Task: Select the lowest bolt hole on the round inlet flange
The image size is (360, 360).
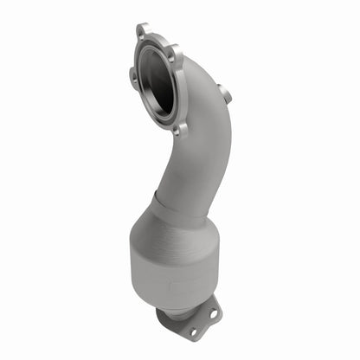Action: pyautogui.click(x=179, y=129)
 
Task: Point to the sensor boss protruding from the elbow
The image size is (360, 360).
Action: pyautogui.click(x=224, y=93)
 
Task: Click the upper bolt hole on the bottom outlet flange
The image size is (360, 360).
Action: pyautogui.click(x=210, y=306)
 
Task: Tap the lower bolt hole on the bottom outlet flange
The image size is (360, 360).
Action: pyautogui.click(x=191, y=331)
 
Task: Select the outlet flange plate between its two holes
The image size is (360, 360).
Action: pyautogui.click(x=201, y=318)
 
